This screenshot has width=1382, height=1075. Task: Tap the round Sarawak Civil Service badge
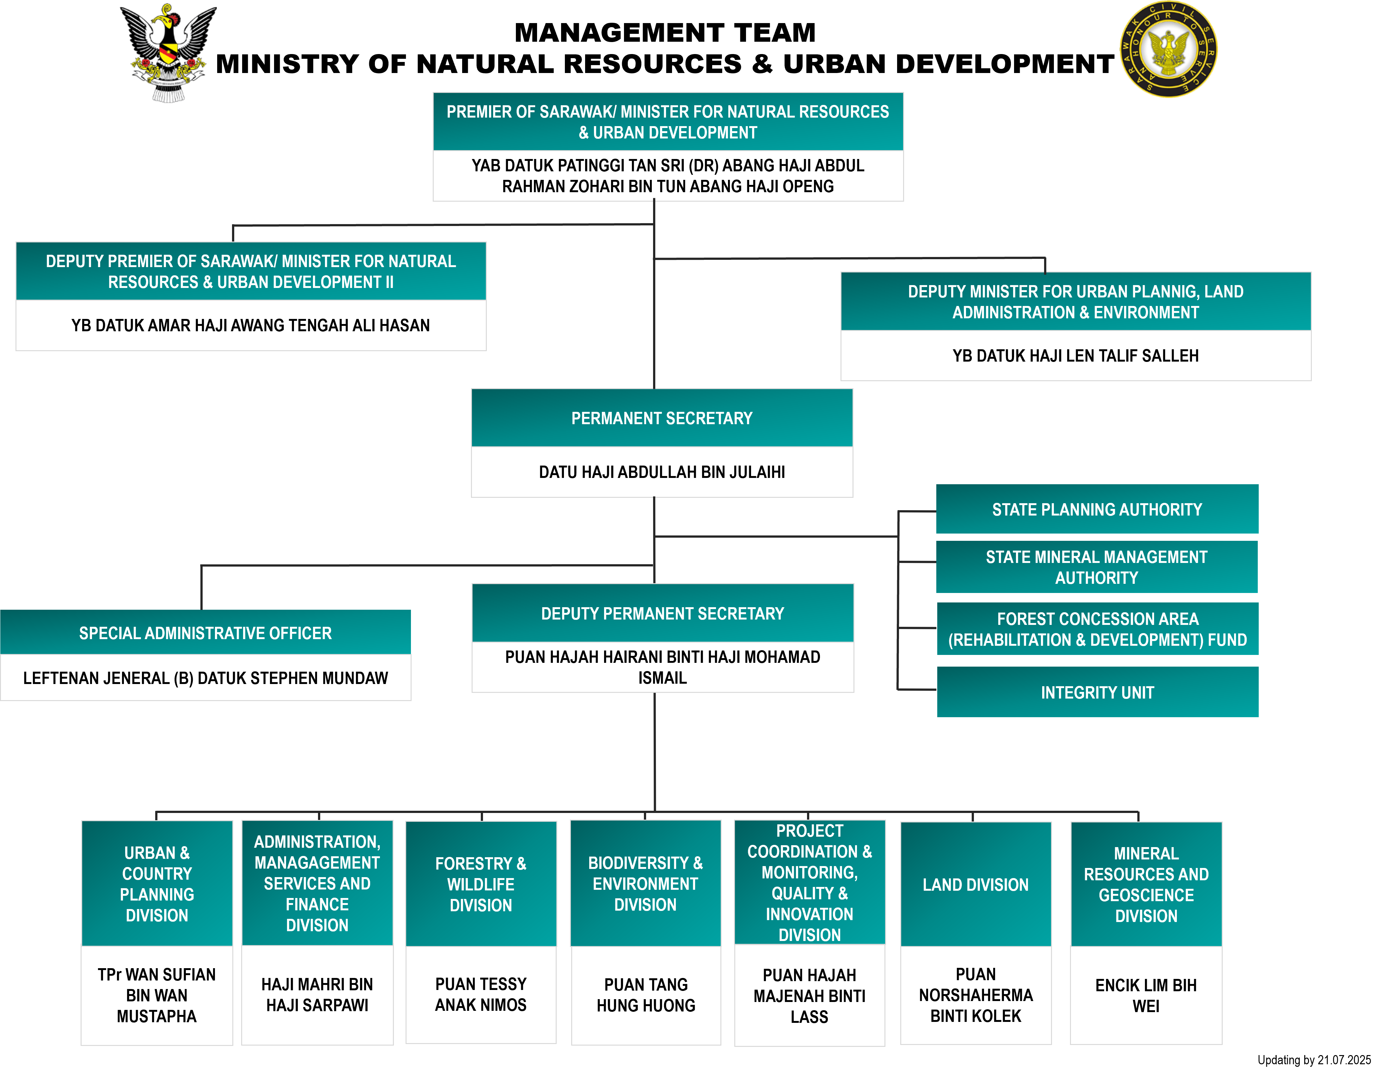1168,49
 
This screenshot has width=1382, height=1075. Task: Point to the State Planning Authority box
1097,509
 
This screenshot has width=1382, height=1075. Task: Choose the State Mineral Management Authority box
1097,567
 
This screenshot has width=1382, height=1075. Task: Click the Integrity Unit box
1097,692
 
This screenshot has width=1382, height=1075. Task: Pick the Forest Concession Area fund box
1097,629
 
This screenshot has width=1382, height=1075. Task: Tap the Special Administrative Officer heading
205,633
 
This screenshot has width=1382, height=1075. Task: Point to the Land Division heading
975,884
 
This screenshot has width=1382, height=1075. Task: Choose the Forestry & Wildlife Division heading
481,884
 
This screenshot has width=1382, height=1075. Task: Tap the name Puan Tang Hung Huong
645,995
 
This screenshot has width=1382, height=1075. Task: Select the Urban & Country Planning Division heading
157,884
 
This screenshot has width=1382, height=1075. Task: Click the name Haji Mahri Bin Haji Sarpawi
317,995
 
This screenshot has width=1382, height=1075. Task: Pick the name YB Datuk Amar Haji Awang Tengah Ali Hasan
251,325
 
